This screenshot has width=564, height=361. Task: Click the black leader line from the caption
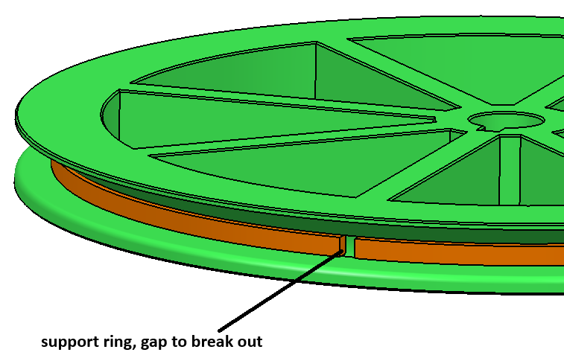281,290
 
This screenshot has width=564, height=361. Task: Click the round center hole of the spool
507,121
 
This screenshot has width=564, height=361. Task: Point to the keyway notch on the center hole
481,127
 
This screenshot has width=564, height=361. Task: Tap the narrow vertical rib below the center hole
510,170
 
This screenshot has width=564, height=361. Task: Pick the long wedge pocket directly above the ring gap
305,162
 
